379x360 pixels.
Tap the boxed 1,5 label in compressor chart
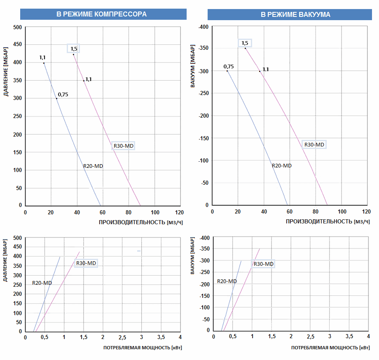point(73,49)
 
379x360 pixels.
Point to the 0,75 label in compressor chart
point(63,95)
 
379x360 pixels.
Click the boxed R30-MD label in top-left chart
point(123,146)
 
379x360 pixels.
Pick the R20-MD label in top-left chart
point(93,166)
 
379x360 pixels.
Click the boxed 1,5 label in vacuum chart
point(245,43)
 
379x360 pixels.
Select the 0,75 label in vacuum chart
point(229,67)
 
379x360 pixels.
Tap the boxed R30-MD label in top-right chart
point(314,144)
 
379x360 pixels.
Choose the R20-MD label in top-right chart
point(282,166)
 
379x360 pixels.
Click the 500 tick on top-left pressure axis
point(17,28)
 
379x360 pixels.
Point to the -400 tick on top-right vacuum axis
point(204,27)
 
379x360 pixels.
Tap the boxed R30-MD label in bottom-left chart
point(86,263)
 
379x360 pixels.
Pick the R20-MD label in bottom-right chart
point(227,281)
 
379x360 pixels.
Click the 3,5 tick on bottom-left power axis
point(161,337)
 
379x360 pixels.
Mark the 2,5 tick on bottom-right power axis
point(310,337)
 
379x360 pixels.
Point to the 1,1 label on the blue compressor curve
point(43,58)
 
